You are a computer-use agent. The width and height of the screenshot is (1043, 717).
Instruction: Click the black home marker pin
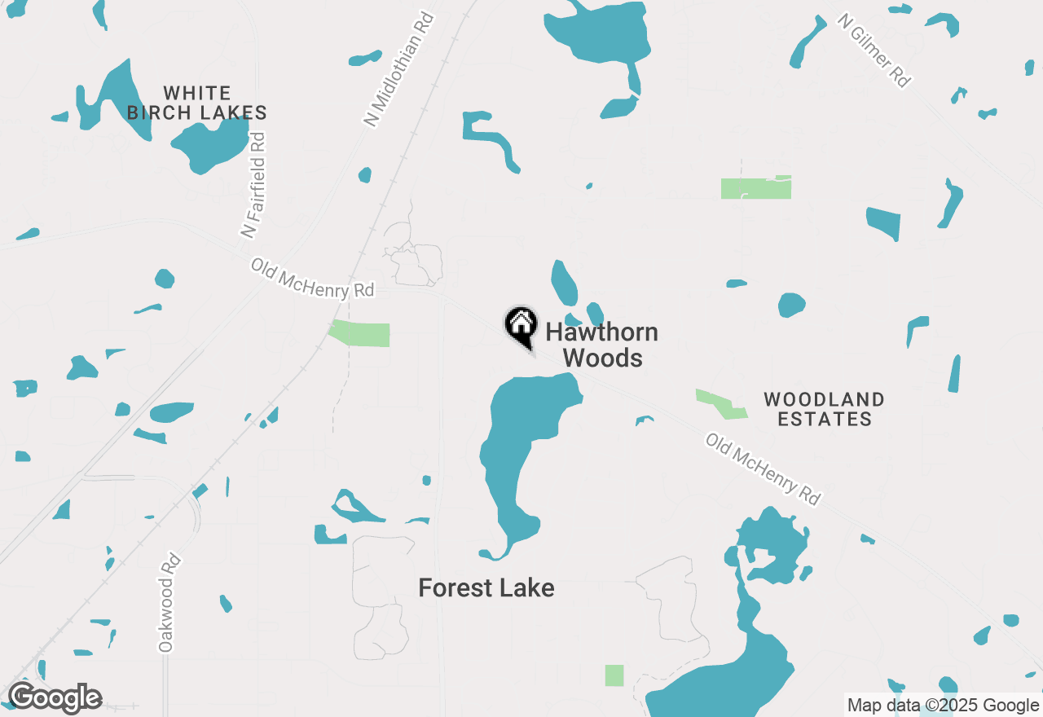[x=521, y=326]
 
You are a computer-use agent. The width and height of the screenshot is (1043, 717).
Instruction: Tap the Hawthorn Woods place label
[x=601, y=345]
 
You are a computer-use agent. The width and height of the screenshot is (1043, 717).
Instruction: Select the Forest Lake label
[x=486, y=587]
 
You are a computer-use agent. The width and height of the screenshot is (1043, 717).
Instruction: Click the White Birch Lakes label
[x=197, y=103]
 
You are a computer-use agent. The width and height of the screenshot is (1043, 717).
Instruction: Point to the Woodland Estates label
[x=824, y=409]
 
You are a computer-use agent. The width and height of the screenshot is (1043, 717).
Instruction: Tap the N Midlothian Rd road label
[x=398, y=68]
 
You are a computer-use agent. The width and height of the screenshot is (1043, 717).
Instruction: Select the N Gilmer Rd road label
[x=874, y=51]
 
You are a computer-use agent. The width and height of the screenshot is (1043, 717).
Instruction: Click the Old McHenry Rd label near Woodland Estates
[x=763, y=468]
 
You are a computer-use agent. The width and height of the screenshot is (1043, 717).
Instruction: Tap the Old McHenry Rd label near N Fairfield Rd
[x=312, y=279]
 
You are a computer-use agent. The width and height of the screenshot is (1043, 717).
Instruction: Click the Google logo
[x=55, y=699]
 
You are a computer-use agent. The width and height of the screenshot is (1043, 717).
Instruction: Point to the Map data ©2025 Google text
[x=944, y=706]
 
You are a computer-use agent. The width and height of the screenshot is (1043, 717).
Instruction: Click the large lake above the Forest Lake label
[x=521, y=440]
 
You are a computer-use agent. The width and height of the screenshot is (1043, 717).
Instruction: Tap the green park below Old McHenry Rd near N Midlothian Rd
[x=360, y=333]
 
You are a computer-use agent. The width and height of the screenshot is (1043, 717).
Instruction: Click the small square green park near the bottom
[x=614, y=675]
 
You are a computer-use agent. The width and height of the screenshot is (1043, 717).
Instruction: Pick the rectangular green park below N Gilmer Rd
[x=755, y=188]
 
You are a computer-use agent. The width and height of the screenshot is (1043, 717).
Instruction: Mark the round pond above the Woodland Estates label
[x=791, y=305]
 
